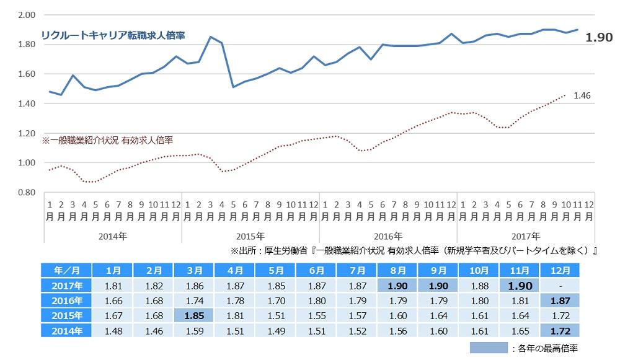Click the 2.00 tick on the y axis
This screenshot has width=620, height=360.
27,14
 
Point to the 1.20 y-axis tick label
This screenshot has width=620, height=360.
27,133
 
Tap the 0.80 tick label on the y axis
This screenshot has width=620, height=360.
27,193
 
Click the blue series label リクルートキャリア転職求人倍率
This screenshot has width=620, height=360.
113,35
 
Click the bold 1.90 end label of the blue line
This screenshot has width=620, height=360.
599,38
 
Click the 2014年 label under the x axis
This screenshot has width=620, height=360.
113,236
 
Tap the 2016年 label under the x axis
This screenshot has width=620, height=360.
389,236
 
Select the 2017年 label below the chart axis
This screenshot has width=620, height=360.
526,236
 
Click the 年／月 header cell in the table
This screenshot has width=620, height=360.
66,271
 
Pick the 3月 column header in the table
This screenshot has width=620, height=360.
194,271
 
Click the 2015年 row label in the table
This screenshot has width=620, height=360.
66,315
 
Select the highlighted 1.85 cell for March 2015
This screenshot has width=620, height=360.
194,315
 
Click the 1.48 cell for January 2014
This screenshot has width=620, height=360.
113,330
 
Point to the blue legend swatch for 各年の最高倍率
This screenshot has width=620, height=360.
489,348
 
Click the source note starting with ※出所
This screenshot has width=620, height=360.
413,251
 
